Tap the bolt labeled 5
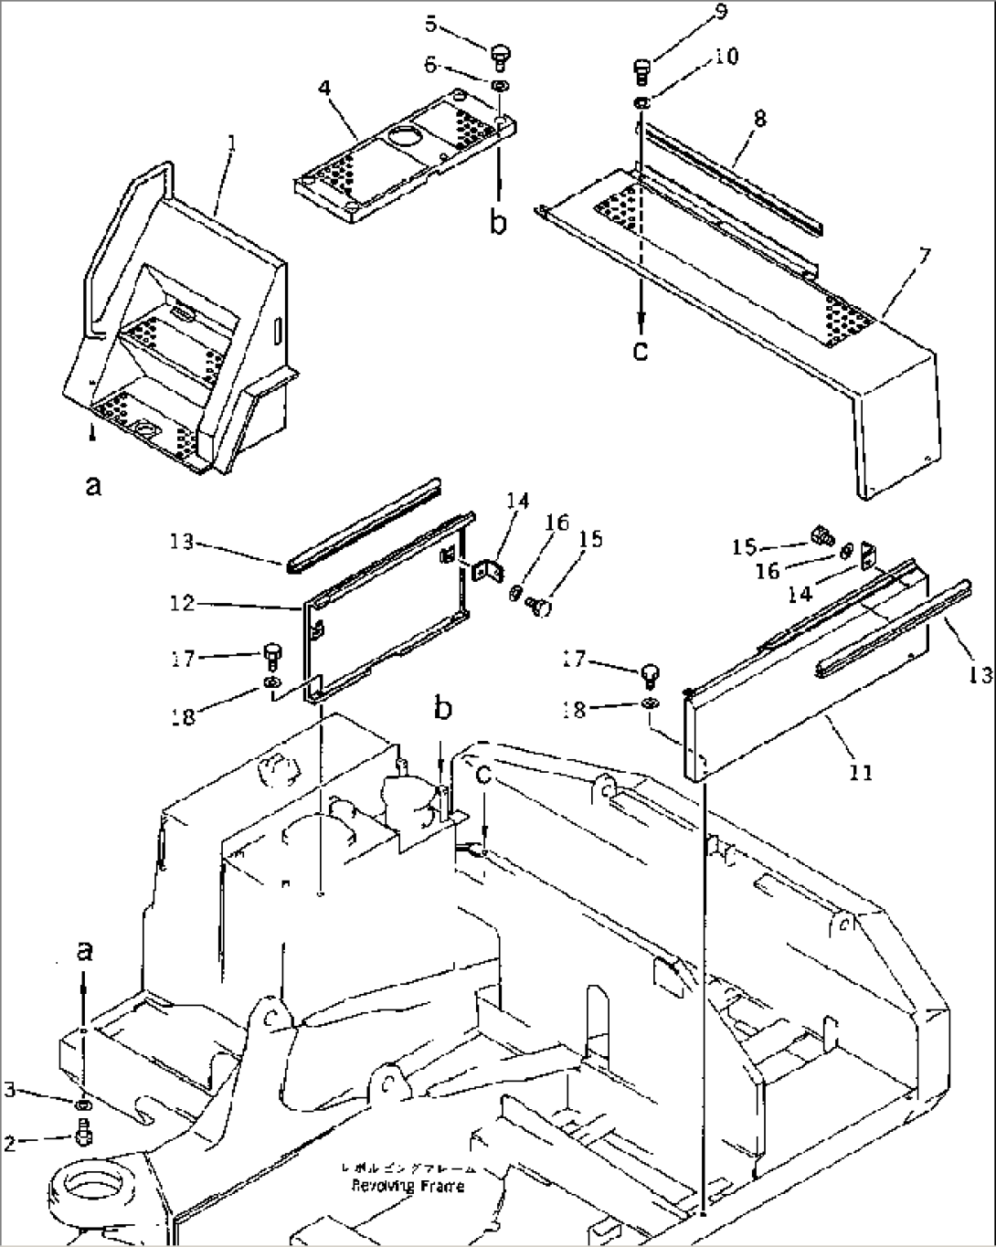pos(500,57)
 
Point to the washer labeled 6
pos(501,86)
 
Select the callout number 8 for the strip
pos(760,118)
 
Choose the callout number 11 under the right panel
pos(861,773)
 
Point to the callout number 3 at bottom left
pos(11,1091)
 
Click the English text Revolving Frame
pos(408,1186)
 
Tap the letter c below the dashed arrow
pos(641,349)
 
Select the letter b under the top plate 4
pos(498,221)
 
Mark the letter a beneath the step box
pos(93,487)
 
